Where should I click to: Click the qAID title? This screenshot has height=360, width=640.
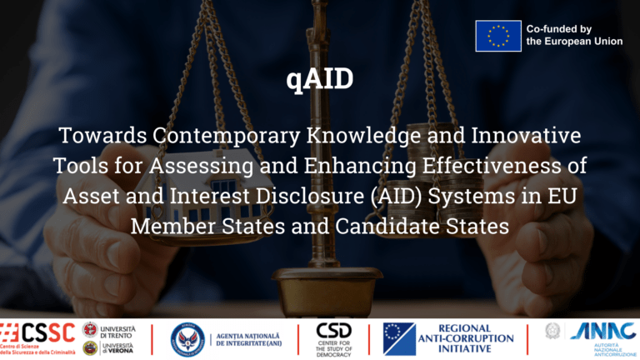pos(319,80)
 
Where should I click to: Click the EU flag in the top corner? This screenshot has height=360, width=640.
pos(498,36)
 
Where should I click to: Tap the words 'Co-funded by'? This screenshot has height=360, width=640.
pos(559,28)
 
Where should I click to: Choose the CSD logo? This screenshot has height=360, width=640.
pos(334,332)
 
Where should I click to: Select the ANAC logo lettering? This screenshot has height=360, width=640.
pos(602,331)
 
